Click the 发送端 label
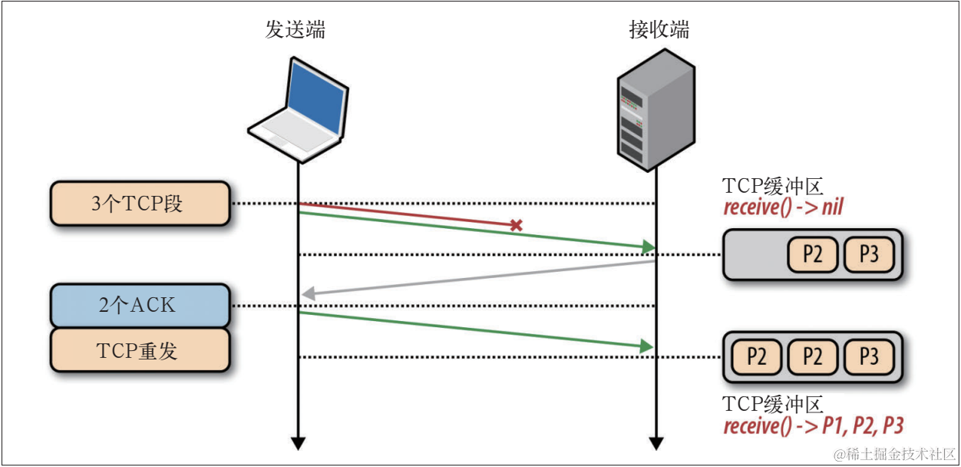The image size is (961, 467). click(295, 29)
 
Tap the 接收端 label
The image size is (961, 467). click(658, 29)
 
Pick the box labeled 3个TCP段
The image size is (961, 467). click(140, 204)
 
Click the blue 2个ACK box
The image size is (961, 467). click(140, 305)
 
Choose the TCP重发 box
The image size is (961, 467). click(140, 351)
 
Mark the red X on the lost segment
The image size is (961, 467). click(517, 226)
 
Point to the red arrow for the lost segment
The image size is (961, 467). click(407, 215)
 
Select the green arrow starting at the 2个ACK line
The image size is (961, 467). click(476, 331)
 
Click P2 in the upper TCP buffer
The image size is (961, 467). click(812, 254)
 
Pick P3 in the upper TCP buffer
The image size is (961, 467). click(869, 254)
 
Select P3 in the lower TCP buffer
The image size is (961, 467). click(869, 357)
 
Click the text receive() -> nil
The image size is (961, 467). click(783, 207)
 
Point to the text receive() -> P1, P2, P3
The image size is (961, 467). click(813, 426)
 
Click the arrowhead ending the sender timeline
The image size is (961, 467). click(298, 443)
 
